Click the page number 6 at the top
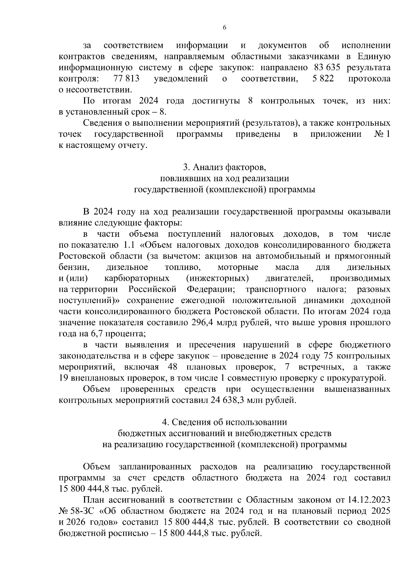(x=224, y=28)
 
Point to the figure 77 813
(x=126, y=79)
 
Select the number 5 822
(x=323, y=79)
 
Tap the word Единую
(x=374, y=56)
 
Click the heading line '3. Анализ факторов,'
(x=224, y=167)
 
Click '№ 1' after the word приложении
(x=382, y=134)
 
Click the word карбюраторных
(x=137, y=278)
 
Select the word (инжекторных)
(x=217, y=278)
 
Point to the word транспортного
(x=275, y=290)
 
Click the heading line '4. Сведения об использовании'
(x=224, y=422)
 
